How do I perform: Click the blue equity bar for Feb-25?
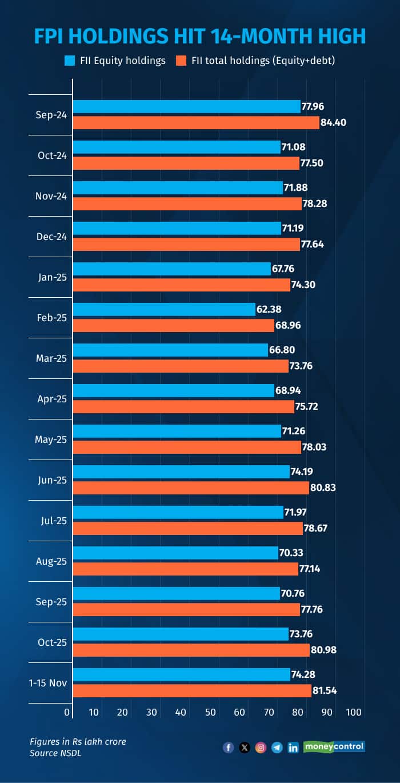164,309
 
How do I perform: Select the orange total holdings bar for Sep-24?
196,122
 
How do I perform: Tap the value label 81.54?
325,690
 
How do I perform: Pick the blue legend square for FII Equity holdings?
70,60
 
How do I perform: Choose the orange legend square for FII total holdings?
182,60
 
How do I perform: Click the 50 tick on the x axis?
210,712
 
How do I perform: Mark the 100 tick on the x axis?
354,712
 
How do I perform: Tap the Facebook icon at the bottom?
229,747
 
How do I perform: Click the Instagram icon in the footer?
261,747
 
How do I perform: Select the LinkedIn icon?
293,747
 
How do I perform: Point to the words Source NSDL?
54,753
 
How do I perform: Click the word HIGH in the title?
337,36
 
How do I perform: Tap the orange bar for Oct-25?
191,650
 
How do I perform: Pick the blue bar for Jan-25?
171,269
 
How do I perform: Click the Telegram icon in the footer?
277,747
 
